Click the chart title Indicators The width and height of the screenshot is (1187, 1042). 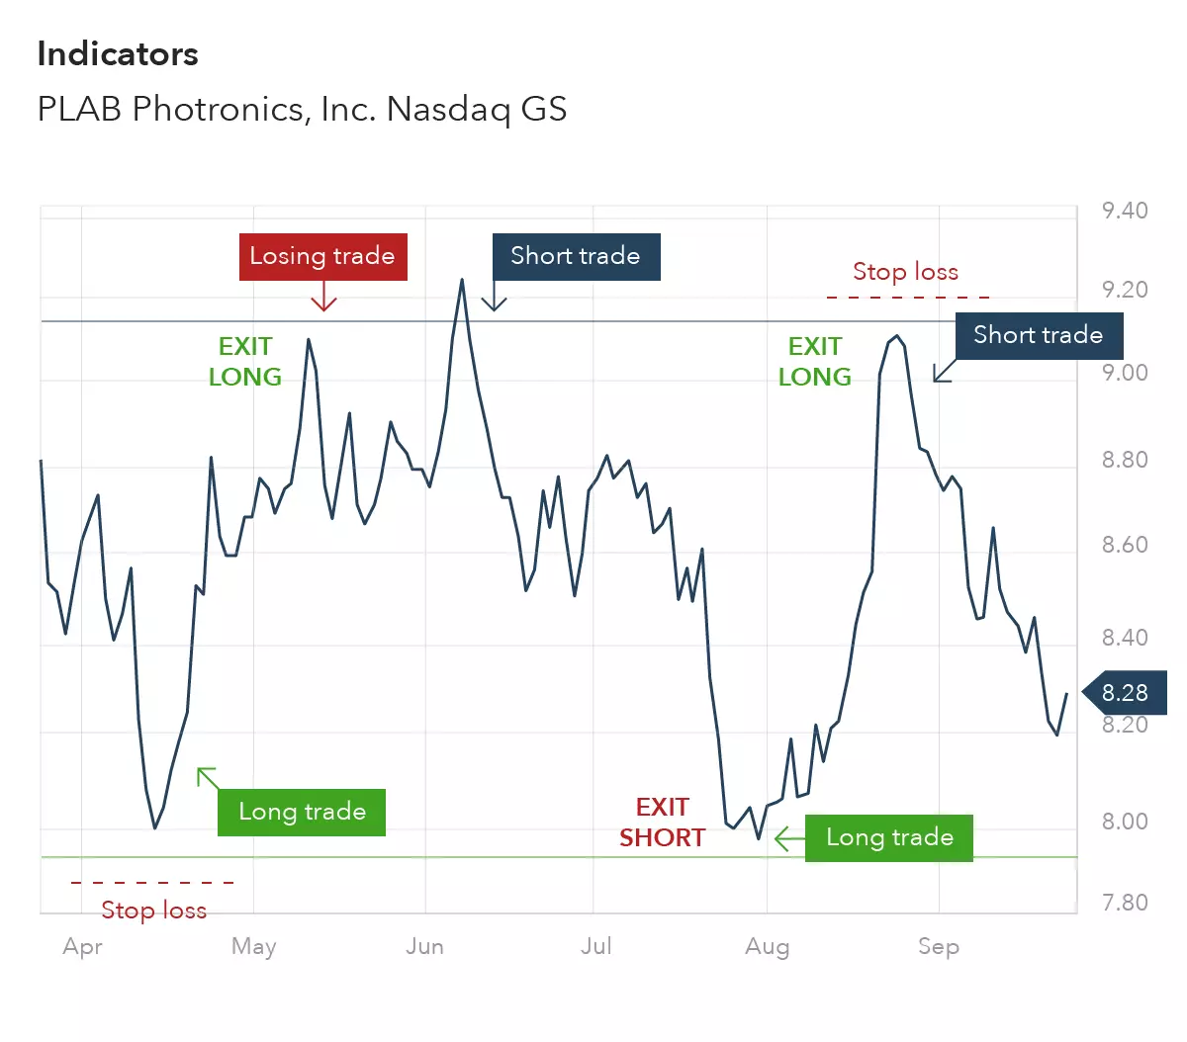tap(118, 54)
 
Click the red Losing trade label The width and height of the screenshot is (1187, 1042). tap(322, 256)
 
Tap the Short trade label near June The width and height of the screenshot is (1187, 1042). tap(576, 256)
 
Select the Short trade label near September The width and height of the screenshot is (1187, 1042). tap(1038, 335)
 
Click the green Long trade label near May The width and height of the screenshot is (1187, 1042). tap(302, 812)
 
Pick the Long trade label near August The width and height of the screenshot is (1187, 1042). tap(889, 837)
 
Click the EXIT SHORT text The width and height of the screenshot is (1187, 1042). tap(662, 823)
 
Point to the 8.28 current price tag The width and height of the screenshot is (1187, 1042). tap(1125, 692)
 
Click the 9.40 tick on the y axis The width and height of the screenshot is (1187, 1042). tap(1125, 211)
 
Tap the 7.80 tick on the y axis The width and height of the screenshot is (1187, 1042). tap(1125, 903)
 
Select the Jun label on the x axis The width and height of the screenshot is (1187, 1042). tap(424, 946)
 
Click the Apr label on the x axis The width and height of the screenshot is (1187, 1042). tap(82, 946)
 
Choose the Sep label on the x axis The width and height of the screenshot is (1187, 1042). tap(939, 946)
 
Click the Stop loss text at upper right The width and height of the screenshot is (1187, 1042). tap(905, 272)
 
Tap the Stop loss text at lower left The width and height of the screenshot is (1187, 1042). tap(153, 911)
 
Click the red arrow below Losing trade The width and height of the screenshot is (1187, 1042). tap(323, 297)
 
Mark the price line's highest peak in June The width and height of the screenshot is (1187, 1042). tap(462, 280)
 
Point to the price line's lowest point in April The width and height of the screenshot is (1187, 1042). tap(155, 827)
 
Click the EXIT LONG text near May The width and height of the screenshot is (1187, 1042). tap(244, 362)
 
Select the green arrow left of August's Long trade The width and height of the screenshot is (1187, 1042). tap(788, 839)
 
